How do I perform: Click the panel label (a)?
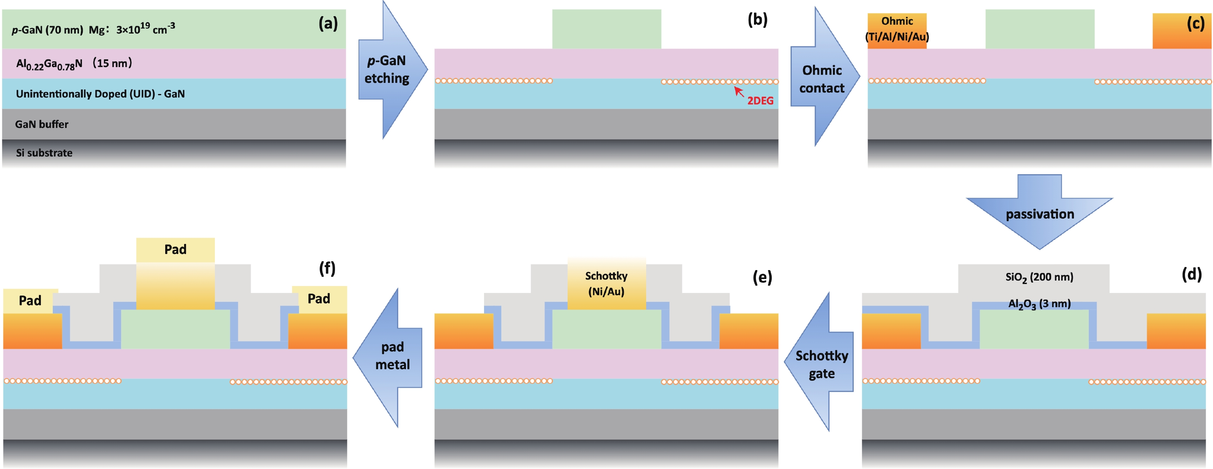(328, 23)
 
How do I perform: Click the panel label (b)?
(757, 20)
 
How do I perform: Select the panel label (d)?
(1191, 274)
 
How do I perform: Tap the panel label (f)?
(327, 269)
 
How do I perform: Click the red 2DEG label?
(760, 101)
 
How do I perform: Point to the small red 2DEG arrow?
(739, 91)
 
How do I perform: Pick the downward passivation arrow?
(1039, 212)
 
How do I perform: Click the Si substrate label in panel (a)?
(44, 153)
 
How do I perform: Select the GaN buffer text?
(42, 124)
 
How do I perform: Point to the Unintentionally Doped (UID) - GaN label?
(100, 94)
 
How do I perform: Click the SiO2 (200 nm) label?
(1039, 277)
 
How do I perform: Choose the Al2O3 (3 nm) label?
(1039, 304)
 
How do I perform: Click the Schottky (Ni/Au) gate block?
(606, 284)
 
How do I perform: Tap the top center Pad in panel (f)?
(175, 249)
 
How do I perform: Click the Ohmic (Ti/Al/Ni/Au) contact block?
(896, 29)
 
